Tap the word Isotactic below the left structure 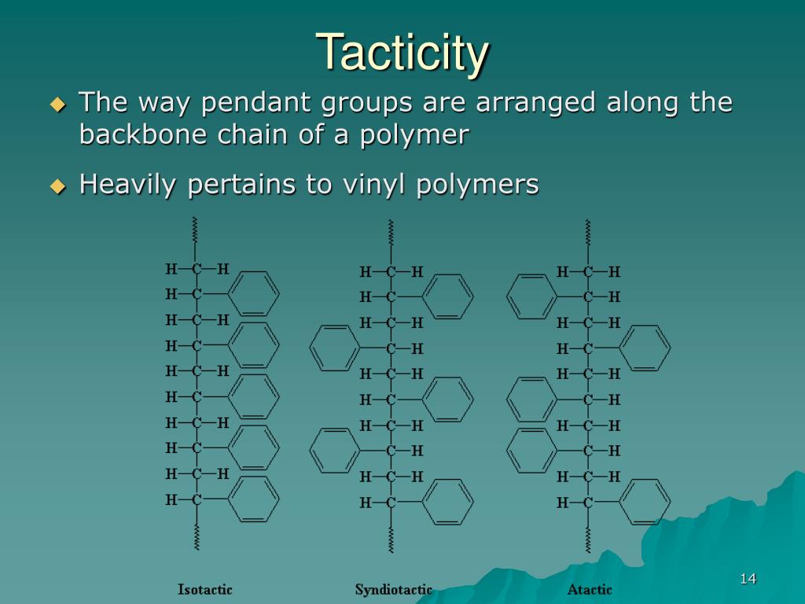(x=205, y=589)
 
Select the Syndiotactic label (x=394, y=589)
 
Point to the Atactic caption (x=590, y=589)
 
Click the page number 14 (x=748, y=580)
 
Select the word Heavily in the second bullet (x=130, y=185)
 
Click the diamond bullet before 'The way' (x=57, y=104)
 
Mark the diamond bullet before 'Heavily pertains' (x=57, y=186)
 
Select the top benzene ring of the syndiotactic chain (x=449, y=296)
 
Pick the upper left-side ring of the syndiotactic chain (x=333, y=348)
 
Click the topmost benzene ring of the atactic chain (x=531, y=296)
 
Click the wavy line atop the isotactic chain (x=194, y=230)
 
